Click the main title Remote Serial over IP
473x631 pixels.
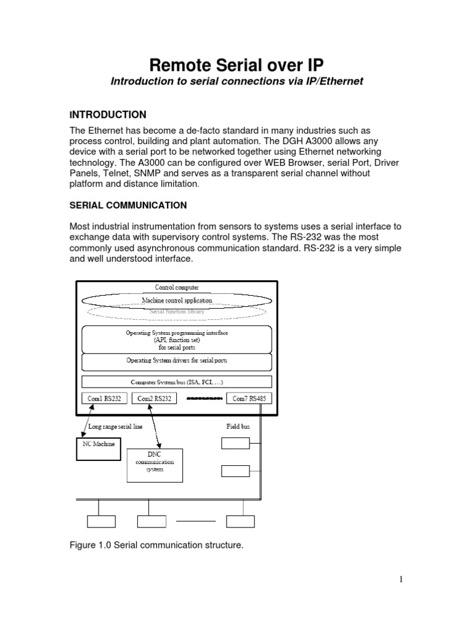236,65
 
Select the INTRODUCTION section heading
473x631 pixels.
108,115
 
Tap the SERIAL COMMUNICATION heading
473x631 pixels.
128,205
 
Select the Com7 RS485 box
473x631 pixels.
249,399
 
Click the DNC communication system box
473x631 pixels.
160,465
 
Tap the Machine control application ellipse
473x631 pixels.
177,300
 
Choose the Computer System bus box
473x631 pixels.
177,381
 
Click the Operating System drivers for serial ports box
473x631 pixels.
177,360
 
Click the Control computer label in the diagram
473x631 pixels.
177,287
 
